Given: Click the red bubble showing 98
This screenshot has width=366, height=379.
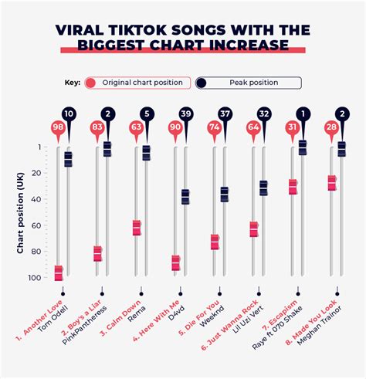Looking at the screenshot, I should tap(58, 127).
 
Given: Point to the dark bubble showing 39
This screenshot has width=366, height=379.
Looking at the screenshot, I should tap(185, 114).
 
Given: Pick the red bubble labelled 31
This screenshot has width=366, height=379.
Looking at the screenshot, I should tap(293, 127).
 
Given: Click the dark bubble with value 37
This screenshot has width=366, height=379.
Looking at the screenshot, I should tap(225, 114).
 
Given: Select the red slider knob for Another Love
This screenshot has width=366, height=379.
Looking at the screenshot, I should tap(59, 272).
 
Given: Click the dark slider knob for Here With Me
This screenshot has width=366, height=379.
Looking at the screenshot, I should tap(185, 197).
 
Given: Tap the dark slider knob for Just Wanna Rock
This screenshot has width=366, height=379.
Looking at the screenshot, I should tap(264, 188).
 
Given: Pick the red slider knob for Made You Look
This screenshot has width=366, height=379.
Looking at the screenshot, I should tap(332, 183).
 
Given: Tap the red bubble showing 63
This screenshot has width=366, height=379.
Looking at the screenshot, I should tap(137, 127).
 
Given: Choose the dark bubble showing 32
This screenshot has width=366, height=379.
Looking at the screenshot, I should tap(264, 114).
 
